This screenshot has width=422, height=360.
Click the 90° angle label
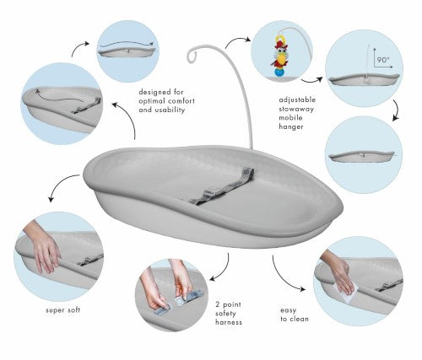(x=383, y=60)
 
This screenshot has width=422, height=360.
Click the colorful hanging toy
(x=279, y=56)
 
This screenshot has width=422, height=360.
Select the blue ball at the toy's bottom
(x=280, y=73)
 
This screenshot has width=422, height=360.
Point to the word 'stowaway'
(x=296, y=109)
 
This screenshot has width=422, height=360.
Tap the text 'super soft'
(x=63, y=310)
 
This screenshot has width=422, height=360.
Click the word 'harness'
(x=229, y=322)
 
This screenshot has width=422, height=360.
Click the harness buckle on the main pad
(x=208, y=194)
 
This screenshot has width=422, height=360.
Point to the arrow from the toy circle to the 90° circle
(x=311, y=80)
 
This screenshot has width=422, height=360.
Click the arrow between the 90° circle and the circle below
(x=397, y=110)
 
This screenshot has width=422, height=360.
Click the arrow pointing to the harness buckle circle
(x=224, y=270)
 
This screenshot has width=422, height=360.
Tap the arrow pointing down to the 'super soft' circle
(x=59, y=184)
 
